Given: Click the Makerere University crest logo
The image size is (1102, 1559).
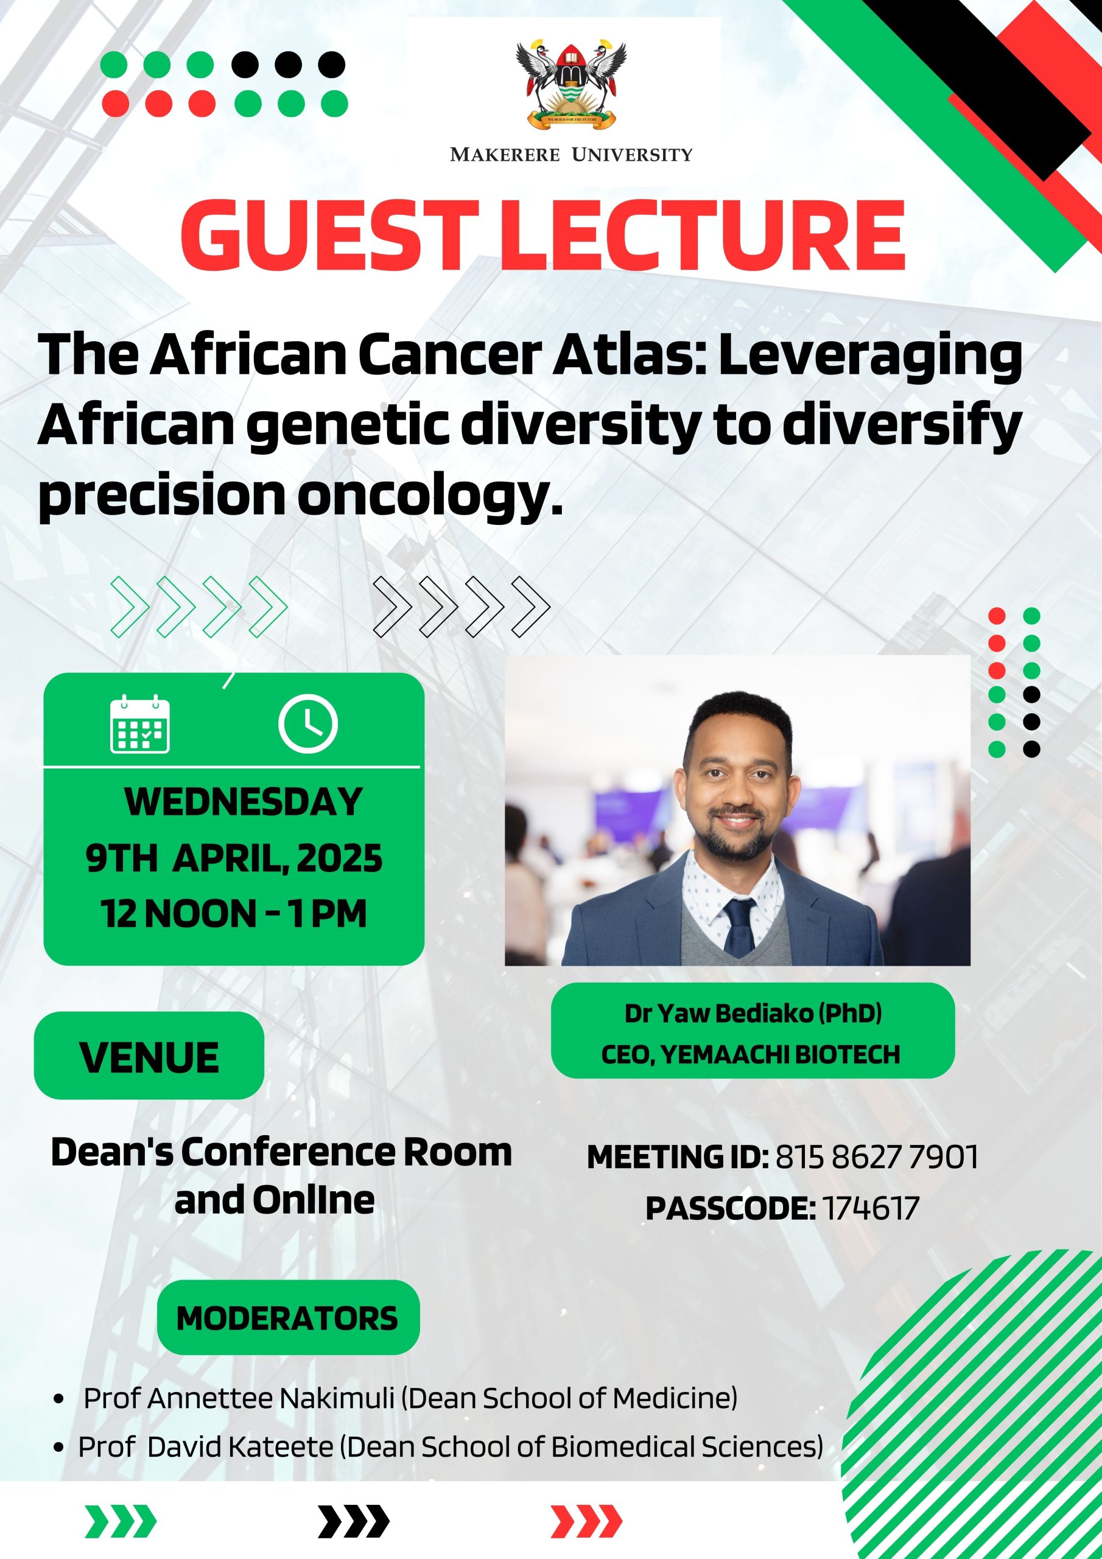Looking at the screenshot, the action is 571,84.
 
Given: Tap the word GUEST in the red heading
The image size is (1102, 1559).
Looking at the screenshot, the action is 326,236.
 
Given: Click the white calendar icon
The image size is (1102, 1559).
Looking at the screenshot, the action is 140,724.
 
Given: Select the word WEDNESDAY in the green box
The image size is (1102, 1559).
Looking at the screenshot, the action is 243,802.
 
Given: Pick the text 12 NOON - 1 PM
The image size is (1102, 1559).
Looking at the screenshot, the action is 234,913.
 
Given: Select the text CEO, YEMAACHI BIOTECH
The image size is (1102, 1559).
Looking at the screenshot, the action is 750,1055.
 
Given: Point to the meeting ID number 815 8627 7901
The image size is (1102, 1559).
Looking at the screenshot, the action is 877,1157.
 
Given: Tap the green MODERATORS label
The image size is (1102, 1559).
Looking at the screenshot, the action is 288,1318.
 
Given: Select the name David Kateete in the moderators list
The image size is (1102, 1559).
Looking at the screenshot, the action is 240,1447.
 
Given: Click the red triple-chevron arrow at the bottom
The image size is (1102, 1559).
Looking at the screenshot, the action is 586,1521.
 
